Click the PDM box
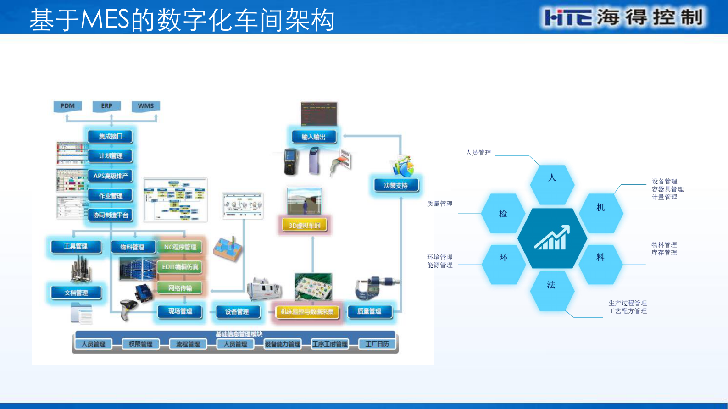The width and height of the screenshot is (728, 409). click(67, 106)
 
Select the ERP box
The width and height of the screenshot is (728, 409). click(106, 106)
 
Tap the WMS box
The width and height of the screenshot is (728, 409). click(146, 106)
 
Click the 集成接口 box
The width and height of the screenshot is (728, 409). click(111, 136)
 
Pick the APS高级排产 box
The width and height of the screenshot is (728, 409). click(111, 176)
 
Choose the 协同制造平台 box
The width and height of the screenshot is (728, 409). click(111, 215)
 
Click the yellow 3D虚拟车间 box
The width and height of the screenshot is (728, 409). click(305, 225)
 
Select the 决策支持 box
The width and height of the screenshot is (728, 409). click(395, 186)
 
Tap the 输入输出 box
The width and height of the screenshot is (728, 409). click(314, 137)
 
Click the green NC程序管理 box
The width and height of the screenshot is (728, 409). click(180, 247)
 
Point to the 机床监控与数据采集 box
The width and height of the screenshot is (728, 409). click(307, 312)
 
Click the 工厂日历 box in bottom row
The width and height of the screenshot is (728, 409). click(377, 344)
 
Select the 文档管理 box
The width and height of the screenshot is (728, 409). click(76, 293)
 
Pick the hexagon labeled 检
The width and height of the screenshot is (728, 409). click(503, 214)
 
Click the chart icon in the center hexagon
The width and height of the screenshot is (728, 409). click(552, 238)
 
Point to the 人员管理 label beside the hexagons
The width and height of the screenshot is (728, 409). click(478, 153)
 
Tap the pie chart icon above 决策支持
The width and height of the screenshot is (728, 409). click(403, 166)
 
